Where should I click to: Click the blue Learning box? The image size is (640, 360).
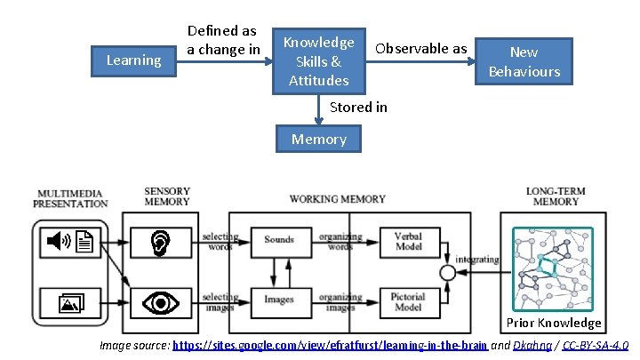(x=133, y=60)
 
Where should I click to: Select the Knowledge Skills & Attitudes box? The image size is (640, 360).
(x=318, y=61)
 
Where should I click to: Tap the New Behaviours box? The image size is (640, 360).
(x=524, y=61)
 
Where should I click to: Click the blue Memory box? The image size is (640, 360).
(x=319, y=139)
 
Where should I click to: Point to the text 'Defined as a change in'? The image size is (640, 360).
(x=222, y=40)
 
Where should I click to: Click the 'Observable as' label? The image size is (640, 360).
(x=420, y=48)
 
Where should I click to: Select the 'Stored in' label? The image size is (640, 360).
(x=357, y=107)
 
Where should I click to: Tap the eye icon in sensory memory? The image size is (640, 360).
(x=160, y=303)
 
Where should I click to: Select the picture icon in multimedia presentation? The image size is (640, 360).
(x=69, y=305)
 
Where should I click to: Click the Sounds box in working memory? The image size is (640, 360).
(x=278, y=239)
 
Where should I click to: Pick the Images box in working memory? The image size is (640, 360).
(x=278, y=300)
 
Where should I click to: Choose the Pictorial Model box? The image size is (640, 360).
(x=407, y=300)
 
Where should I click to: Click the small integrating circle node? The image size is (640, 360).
(x=448, y=272)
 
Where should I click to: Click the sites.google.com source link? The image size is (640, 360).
(x=329, y=344)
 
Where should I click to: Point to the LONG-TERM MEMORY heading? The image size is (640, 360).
(x=556, y=196)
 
